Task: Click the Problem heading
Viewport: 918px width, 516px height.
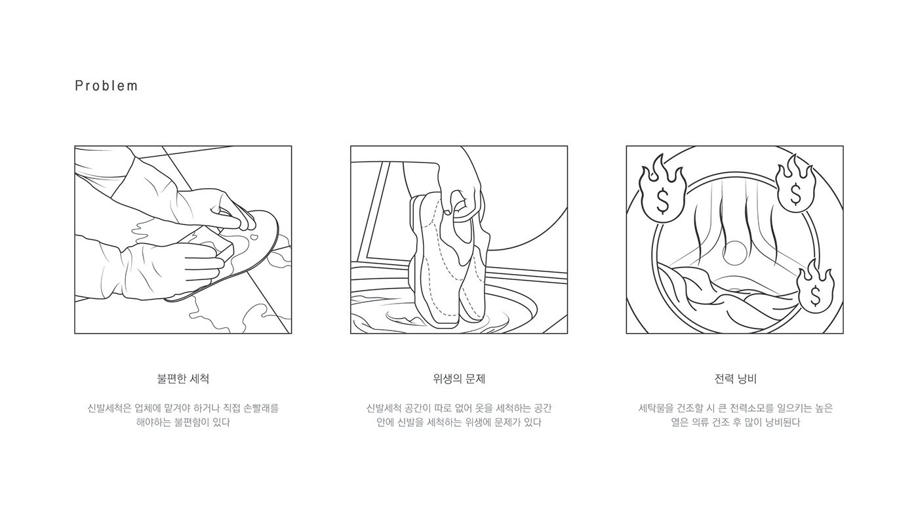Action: (106, 86)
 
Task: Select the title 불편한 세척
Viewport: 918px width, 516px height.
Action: (183, 379)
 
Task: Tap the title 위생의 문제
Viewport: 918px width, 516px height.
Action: (459, 379)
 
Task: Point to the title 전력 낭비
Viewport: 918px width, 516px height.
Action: (735, 379)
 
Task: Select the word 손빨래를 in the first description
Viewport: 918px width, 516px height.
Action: (261, 408)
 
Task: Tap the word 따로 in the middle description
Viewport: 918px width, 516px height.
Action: (445, 408)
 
